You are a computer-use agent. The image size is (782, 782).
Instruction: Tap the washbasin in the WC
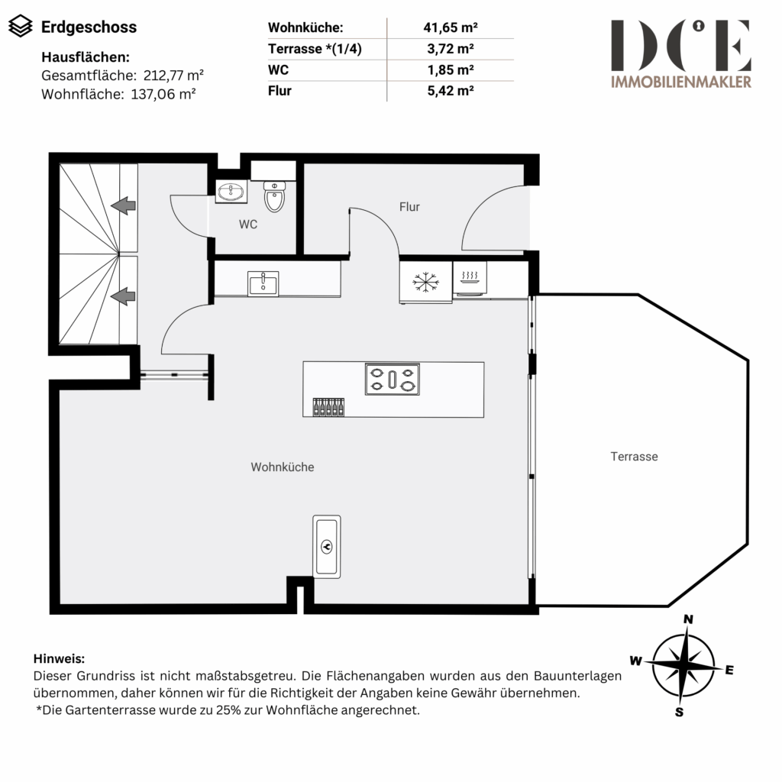point(231,192)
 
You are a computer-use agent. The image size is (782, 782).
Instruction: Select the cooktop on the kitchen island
point(392,379)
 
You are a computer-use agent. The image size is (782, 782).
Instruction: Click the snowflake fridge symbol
point(425,283)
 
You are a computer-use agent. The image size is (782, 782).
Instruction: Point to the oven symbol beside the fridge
point(470,277)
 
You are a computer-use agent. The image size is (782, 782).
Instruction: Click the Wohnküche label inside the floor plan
point(283,467)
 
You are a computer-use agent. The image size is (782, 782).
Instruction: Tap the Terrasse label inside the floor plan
point(634,457)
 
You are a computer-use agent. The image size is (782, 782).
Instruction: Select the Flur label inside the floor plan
point(409,206)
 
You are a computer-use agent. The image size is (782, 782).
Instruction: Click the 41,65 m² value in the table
point(451,27)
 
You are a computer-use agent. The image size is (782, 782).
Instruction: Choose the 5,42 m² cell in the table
point(451,91)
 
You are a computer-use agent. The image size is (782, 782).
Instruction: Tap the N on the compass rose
point(688,619)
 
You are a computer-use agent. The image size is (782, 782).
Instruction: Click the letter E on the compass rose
point(729,670)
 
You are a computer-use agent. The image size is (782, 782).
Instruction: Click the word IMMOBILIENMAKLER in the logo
point(681,82)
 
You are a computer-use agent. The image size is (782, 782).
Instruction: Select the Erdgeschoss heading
point(89,27)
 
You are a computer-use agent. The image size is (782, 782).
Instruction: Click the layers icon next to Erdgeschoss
point(21,26)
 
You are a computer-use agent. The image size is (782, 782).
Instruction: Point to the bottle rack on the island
point(328,407)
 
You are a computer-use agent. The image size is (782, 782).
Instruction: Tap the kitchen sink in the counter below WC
point(263,284)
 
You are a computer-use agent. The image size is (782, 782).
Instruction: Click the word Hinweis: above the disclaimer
point(59,658)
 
